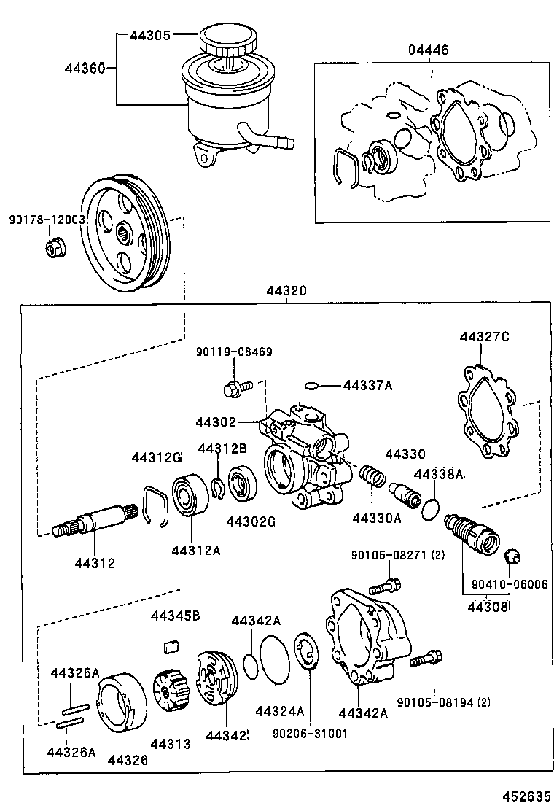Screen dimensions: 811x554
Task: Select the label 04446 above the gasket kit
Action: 428,50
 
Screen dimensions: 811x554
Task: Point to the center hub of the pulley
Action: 124,235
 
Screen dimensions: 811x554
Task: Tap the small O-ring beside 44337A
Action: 313,385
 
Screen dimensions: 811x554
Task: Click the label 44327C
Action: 483,337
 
